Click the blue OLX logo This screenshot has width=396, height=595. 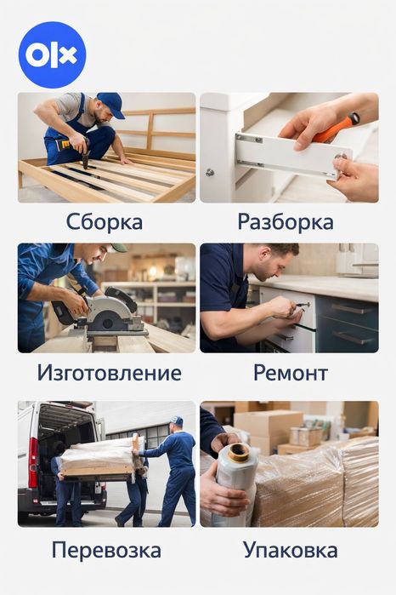click(53, 55)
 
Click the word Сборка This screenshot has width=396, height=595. click(105, 222)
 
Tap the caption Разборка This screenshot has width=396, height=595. click(286, 222)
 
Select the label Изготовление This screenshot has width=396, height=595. click(109, 373)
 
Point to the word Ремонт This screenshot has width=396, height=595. click(291, 373)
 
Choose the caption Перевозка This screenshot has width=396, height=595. click(106, 550)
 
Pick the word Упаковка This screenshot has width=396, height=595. click(291, 550)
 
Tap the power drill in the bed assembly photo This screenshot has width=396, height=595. click(76, 150)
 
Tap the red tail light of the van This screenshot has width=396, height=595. click(33, 462)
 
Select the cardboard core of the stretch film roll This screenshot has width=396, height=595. click(239, 452)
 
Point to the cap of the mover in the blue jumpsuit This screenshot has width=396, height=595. click(177, 420)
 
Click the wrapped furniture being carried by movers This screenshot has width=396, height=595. click(101, 457)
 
